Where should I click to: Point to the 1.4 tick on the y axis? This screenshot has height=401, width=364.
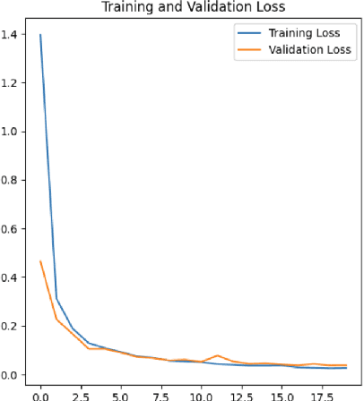12,34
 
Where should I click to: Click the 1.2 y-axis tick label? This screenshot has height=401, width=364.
12,82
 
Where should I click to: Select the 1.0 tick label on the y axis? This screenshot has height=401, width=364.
12,131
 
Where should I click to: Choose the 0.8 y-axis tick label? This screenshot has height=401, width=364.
12,180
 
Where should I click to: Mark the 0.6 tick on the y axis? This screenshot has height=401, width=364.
12,228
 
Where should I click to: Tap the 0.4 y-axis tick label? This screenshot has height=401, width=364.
12,277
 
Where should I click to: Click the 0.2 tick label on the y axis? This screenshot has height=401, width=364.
12,326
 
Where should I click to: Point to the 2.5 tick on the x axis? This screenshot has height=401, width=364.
81,392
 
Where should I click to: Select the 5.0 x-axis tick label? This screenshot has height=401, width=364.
121,392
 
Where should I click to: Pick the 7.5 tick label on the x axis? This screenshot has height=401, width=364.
161,392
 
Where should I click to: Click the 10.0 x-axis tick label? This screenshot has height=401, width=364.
202,392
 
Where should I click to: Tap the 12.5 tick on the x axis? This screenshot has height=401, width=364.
242,392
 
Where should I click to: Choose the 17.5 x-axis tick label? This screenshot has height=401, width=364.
323,392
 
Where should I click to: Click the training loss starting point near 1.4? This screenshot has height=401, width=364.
40,35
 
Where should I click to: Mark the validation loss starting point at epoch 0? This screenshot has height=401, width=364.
40,261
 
